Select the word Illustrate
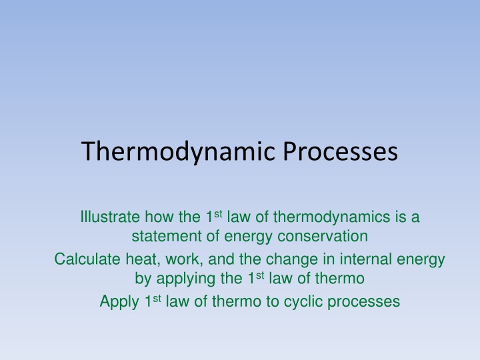(108, 217)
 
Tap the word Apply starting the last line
(119, 302)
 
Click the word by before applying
(143, 278)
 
